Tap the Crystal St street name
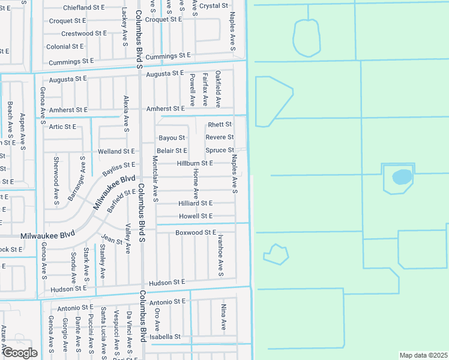pyautogui.click(x=214, y=5)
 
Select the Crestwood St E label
pyautogui.click(x=83, y=34)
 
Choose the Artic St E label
pyautogui.click(x=62, y=127)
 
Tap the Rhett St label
pyautogui.click(x=220, y=124)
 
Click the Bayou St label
pyautogui.click(x=172, y=138)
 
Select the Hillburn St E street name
pyautogui.click(x=194, y=163)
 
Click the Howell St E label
pyautogui.click(x=195, y=216)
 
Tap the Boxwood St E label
pyautogui.click(x=195, y=232)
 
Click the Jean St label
pyautogui.click(x=112, y=241)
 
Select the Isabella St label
pyautogui.click(x=165, y=337)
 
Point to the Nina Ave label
pyautogui.click(x=223, y=317)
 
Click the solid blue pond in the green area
pyautogui.click(x=402, y=177)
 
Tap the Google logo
pyautogui.click(x=19, y=353)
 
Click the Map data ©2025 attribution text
pyautogui.click(x=423, y=355)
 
